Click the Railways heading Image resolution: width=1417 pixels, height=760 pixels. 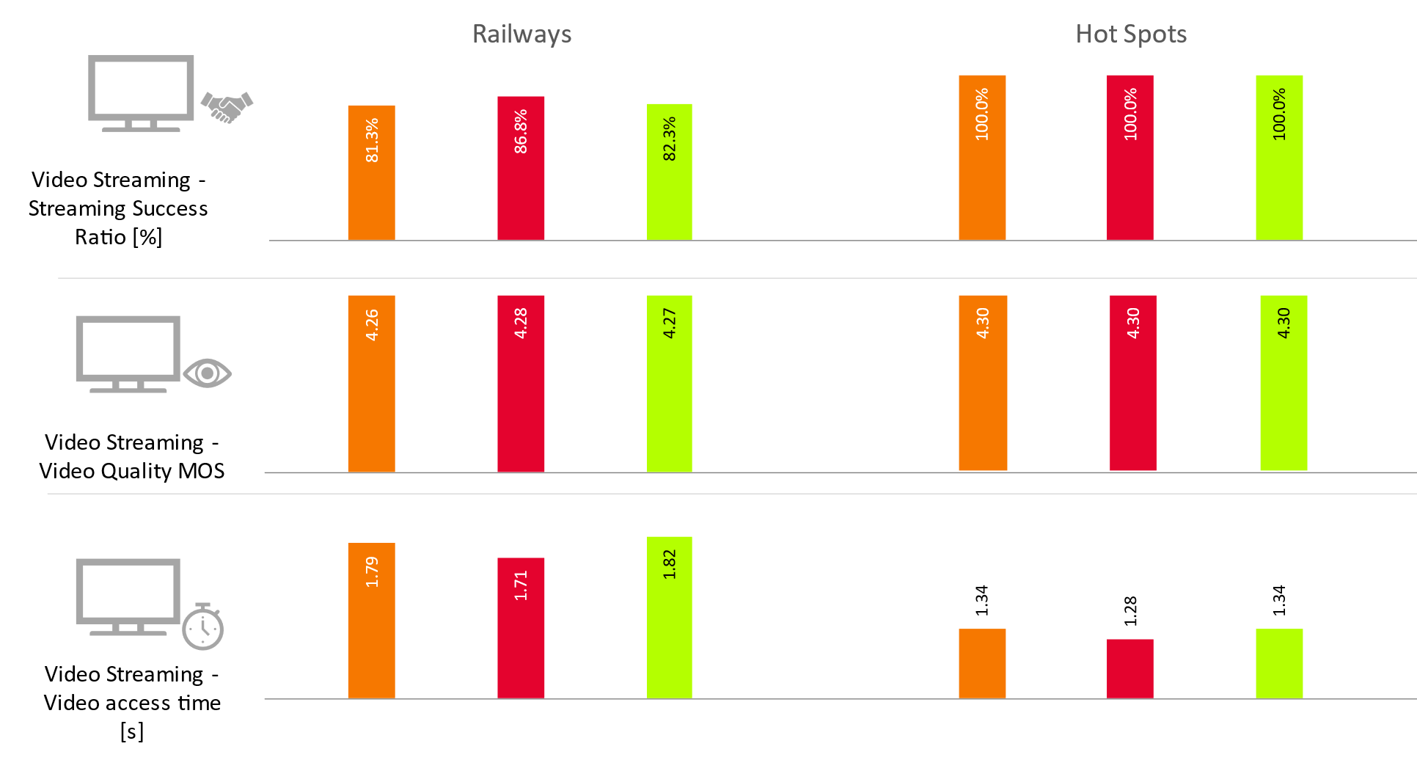(x=521, y=34)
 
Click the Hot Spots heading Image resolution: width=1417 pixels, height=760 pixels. (x=1131, y=34)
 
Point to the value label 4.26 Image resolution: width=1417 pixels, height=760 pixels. (x=372, y=324)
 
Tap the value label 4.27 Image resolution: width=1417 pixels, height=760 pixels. (x=669, y=323)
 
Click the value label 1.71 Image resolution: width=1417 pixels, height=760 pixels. (x=521, y=585)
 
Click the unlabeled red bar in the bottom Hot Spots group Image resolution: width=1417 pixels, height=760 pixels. (x=1129, y=668)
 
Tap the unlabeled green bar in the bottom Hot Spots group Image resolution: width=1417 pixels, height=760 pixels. (x=1279, y=663)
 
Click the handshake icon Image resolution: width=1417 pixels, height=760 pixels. (x=227, y=107)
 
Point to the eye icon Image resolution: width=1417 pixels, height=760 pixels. (x=208, y=373)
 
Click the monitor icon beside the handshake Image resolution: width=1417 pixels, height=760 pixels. (x=141, y=92)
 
